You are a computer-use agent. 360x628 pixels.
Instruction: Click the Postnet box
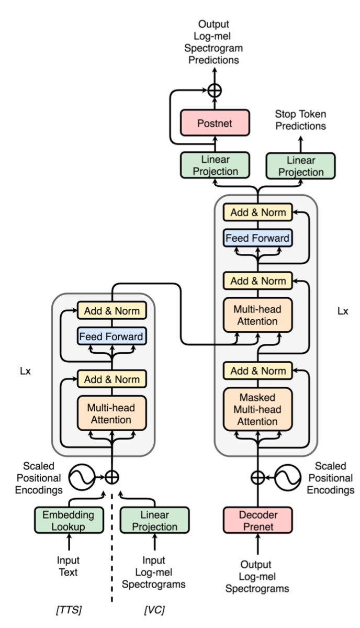pos(215,123)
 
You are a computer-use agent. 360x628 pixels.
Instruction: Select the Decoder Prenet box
pos(257,520)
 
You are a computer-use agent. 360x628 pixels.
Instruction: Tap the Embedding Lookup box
pos(69,520)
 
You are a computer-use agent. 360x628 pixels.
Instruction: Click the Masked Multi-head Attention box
pos(257,409)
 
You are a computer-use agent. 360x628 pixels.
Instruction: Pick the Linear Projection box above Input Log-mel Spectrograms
pos(155,520)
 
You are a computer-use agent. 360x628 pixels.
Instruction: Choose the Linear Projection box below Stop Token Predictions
pos(300,166)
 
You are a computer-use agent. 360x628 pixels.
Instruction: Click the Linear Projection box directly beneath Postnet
pos(215,165)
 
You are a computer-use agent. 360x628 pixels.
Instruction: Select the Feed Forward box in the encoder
pos(112,336)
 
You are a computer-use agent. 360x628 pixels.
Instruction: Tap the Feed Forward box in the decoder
pos(257,238)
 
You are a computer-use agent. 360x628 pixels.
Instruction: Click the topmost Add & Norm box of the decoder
pos(257,212)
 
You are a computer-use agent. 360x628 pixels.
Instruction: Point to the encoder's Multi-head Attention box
pos(112,413)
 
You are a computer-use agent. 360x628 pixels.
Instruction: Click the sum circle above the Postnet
pos(215,91)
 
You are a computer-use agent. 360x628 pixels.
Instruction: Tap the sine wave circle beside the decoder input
pos(288,477)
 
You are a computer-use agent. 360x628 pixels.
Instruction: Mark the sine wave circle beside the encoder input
pos(82,477)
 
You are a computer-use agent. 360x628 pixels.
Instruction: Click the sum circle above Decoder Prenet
pos(257,477)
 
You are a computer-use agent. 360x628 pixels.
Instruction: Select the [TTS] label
pos(69,610)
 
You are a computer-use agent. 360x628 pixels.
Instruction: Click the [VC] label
pos(154,610)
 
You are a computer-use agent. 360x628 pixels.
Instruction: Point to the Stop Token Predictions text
pos(300,120)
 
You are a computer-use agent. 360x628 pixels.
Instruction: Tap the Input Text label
pos(69,566)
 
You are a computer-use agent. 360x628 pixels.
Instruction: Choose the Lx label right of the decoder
pos(343,311)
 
